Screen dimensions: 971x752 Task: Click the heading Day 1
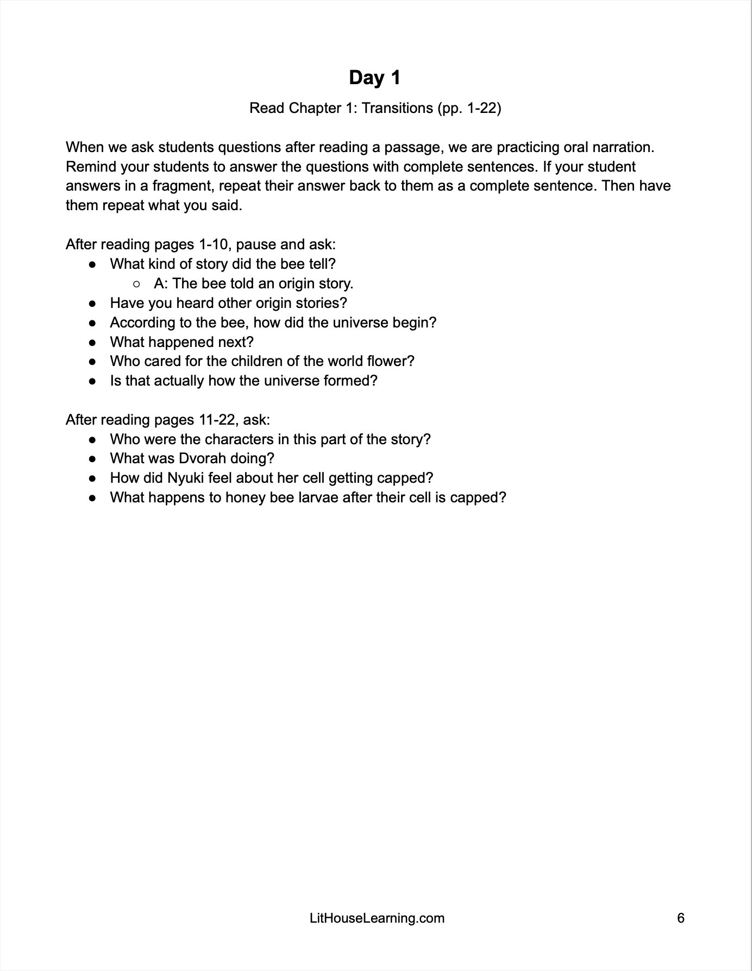click(x=374, y=78)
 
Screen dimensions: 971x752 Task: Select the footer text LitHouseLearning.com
click(x=377, y=918)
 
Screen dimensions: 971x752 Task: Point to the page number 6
click(x=681, y=918)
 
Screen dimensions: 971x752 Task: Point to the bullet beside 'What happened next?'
click(x=93, y=342)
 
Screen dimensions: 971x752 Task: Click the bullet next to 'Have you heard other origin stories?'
click(x=93, y=303)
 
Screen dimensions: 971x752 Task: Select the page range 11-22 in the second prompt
click(x=216, y=420)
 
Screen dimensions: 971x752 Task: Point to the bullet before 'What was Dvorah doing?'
click(x=93, y=458)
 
